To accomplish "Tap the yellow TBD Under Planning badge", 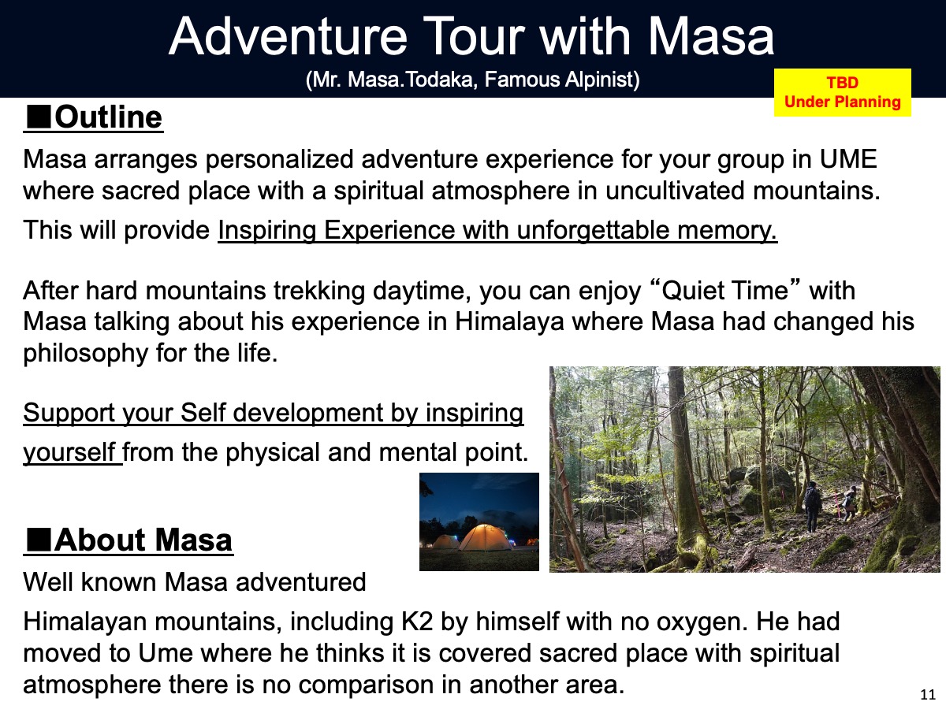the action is click(843, 92).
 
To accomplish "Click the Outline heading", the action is click(94, 117).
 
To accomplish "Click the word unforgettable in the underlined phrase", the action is click(593, 230).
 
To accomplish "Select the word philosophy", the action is click(85, 354).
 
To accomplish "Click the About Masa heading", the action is click(128, 540).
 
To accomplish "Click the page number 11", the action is click(928, 694).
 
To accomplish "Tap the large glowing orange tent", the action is click(486, 538).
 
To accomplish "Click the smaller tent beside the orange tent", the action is click(445, 542).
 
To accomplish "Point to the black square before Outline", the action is click(38, 117).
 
